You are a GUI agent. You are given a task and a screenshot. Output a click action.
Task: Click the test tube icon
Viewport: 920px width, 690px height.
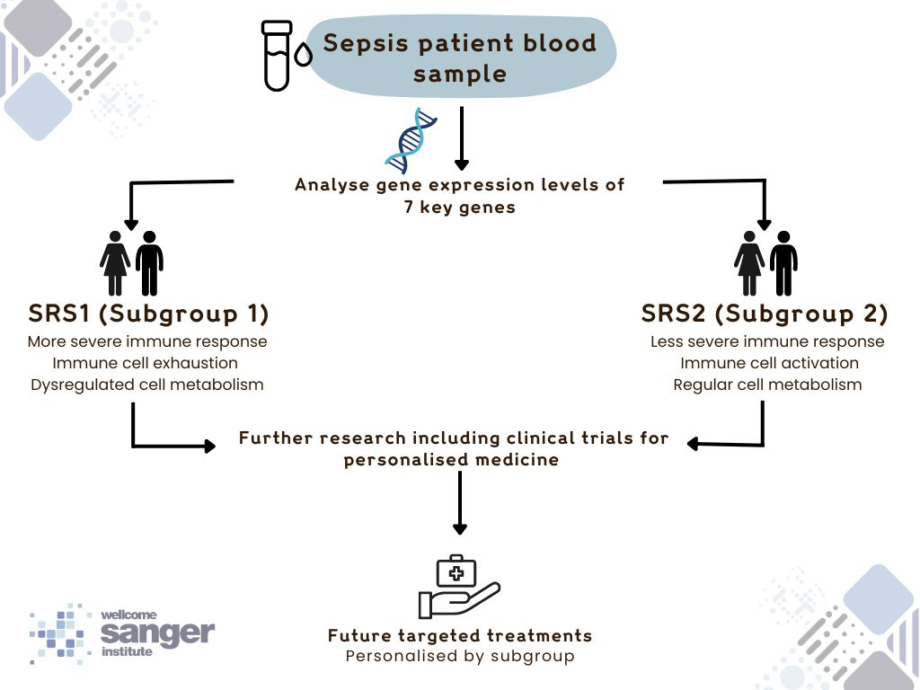277,56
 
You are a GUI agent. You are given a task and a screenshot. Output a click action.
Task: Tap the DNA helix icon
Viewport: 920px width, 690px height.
409,139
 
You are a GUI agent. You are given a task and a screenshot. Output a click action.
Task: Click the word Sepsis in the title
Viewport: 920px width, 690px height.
363,43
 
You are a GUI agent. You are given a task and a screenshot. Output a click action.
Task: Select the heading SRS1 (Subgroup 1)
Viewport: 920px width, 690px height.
148,314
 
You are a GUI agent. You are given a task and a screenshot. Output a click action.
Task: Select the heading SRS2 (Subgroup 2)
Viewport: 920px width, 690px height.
765,314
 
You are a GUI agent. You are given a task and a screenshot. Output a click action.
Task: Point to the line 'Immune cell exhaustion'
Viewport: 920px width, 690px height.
145,363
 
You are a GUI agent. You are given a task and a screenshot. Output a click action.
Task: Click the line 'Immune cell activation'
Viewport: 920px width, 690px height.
769,363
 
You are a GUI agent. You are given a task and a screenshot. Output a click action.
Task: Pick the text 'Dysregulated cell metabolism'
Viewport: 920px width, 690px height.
147,385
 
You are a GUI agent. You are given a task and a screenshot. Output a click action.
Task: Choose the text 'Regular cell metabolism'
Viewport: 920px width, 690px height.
767,385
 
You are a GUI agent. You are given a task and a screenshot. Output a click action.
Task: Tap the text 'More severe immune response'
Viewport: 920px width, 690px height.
147,341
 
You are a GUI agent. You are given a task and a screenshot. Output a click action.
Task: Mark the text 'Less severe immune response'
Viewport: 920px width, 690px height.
767,341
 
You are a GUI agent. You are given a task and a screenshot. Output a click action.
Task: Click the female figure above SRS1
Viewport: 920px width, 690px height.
115,263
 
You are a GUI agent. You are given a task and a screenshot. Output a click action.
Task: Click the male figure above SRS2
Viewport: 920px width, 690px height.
783,263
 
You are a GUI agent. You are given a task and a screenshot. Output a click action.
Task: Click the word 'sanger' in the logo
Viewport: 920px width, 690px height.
157,632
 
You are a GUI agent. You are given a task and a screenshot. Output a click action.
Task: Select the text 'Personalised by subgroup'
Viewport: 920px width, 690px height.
460,656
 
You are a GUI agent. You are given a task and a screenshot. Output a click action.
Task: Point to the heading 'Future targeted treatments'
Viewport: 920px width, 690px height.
460,635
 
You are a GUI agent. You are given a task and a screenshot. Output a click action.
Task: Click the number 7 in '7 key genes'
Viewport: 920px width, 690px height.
410,208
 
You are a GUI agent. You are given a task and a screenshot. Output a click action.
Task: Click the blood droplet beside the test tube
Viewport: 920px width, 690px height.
304,57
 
